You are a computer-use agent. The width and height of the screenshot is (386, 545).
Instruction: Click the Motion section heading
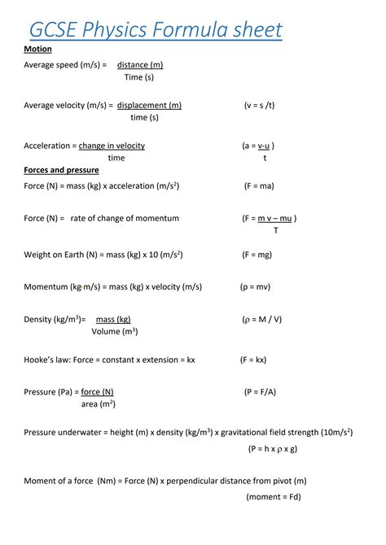tap(37, 49)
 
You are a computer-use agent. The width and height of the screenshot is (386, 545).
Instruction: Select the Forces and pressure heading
tap(61, 170)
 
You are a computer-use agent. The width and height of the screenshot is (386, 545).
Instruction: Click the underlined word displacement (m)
tap(149, 105)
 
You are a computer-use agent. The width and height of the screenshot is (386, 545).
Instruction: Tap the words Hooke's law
tap(46, 359)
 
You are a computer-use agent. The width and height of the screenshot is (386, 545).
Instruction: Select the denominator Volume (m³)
tap(114, 331)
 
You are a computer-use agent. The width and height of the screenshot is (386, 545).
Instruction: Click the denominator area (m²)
tap(98, 403)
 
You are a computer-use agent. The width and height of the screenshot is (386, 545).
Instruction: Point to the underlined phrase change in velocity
tap(112, 146)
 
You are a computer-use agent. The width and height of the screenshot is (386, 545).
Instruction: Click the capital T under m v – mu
tap(275, 230)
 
